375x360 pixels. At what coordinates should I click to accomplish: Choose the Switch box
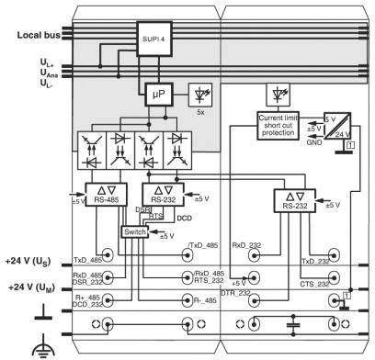135,231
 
